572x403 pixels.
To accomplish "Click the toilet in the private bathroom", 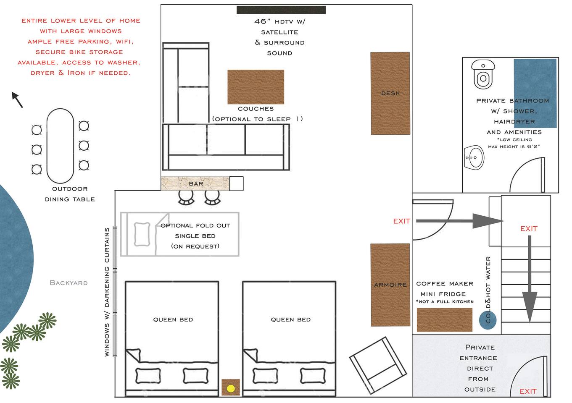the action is [483, 74].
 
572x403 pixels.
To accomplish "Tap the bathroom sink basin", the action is [474, 157].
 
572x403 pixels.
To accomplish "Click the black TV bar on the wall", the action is [281, 10].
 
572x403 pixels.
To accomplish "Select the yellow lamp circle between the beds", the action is [231, 388].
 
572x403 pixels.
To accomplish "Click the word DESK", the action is [390, 93].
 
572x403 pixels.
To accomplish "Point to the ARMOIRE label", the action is [390, 285].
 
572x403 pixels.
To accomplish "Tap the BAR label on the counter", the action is [196, 183].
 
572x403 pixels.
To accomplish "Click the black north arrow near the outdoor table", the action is [17, 100].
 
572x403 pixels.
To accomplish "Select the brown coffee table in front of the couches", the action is [256, 87].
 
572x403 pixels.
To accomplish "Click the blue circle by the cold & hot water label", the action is [488, 320].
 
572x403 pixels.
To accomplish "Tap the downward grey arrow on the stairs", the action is [530, 279].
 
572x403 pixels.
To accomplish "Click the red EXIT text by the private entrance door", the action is [528, 391].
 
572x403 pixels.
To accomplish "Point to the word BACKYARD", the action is [69, 283].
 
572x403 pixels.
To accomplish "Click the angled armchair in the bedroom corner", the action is [378, 365].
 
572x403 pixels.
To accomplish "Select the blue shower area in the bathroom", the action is [535, 93].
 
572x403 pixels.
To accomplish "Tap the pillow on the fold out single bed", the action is [142, 234].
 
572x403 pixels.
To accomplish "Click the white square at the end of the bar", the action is [236, 183].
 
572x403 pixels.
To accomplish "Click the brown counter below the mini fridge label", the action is [444, 319].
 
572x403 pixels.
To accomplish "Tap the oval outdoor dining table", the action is [60, 146].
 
